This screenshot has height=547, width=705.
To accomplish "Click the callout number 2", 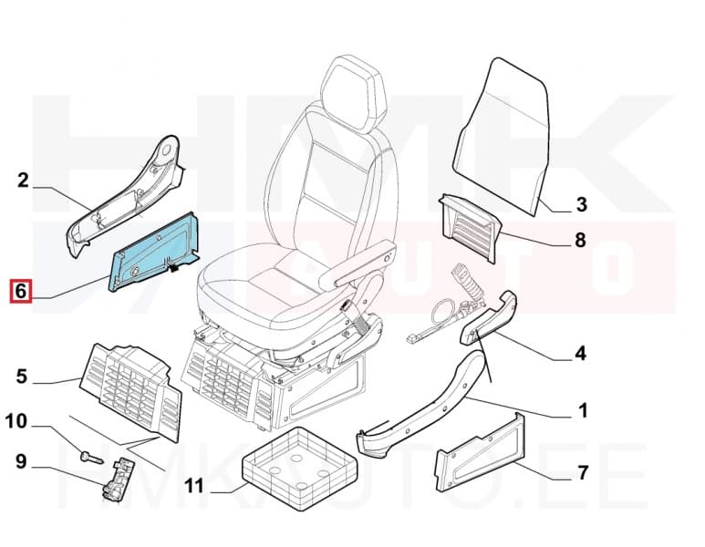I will pyautogui.click(x=24, y=181).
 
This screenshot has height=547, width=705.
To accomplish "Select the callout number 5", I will pyautogui.click(x=23, y=377).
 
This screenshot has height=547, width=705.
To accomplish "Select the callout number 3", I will pyautogui.click(x=581, y=204).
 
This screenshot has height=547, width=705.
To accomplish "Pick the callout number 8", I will pyautogui.click(x=581, y=243).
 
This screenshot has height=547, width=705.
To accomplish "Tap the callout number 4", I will pyautogui.click(x=581, y=353).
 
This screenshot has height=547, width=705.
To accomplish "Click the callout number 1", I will pyautogui.click(x=581, y=411).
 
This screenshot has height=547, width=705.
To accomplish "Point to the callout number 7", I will pyautogui.click(x=581, y=472).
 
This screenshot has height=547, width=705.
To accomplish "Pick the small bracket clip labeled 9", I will pyautogui.click(x=116, y=479).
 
